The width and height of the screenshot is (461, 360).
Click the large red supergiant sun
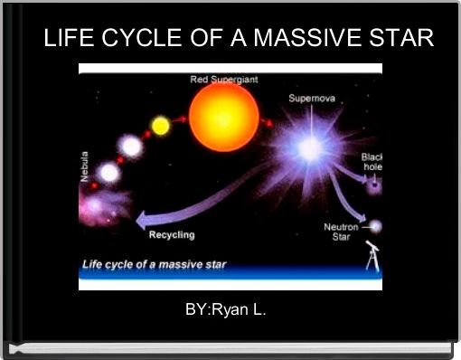point(223,115)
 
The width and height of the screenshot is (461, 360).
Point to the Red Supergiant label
point(223,80)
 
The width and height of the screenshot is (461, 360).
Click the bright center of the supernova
point(310,149)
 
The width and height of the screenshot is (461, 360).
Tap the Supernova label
point(313,97)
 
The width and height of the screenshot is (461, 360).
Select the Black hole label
point(372,162)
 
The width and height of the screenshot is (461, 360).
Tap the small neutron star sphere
point(375,226)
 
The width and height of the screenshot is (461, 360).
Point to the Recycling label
point(171,234)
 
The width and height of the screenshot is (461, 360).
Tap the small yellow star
point(160,126)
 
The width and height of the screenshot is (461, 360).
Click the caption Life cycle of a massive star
point(155,265)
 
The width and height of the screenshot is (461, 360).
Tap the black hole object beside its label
point(374,185)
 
